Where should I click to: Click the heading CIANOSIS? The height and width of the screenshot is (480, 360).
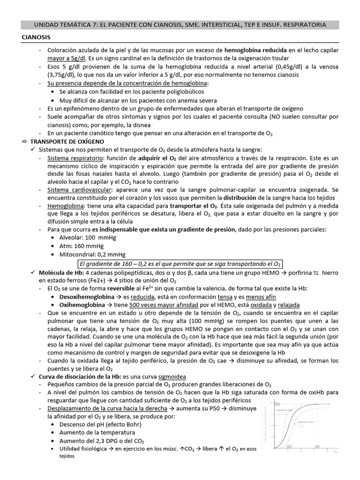tap(37, 37)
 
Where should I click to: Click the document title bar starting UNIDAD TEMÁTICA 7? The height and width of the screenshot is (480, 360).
tap(180, 24)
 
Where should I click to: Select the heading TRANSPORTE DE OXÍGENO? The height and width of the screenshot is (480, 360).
tap(67, 141)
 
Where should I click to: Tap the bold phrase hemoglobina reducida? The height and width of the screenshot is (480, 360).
tap(255, 50)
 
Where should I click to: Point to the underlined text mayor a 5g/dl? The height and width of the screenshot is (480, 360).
tap(66, 58)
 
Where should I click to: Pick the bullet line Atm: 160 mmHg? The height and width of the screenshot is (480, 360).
tap(82, 246)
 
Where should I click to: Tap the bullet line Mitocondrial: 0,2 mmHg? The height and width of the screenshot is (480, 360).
tap(92, 255)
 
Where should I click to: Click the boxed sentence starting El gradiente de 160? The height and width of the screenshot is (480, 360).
tap(180, 263)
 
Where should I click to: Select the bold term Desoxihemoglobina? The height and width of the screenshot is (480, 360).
tap(87, 297)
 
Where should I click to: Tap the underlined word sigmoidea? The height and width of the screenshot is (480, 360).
tap(172, 376)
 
